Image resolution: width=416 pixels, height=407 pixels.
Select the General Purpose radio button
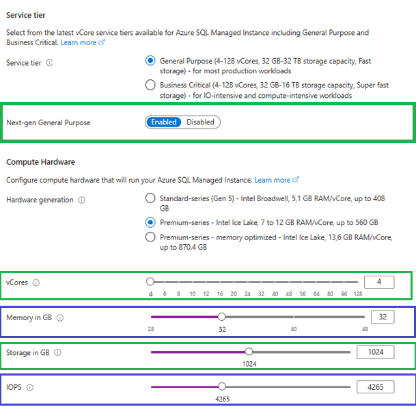click(150, 61)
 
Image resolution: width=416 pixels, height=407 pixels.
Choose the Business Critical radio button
click(150, 85)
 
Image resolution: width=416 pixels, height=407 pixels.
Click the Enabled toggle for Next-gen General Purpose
click(164, 122)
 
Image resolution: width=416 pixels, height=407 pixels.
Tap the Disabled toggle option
click(200, 122)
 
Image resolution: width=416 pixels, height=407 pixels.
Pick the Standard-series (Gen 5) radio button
click(150, 198)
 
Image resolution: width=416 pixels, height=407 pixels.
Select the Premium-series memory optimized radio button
click(150, 237)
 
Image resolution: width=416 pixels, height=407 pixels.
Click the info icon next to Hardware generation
click(81, 200)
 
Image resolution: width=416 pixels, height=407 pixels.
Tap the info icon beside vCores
click(36, 283)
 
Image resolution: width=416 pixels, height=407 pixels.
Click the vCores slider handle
click(150, 282)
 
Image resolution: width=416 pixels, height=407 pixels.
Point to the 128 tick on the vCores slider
click(358, 294)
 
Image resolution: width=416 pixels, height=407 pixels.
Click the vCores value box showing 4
click(379, 282)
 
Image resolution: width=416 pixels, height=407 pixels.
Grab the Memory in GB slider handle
click(221, 317)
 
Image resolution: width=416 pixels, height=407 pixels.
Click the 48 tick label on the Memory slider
click(365, 329)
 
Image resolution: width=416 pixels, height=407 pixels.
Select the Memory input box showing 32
click(383, 317)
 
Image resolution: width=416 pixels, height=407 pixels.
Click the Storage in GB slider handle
click(249, 352)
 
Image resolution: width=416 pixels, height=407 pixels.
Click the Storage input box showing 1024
click(376, 352)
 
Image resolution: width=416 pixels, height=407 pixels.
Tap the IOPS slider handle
click(222, 386)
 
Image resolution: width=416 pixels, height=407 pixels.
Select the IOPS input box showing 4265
click(376, 386)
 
